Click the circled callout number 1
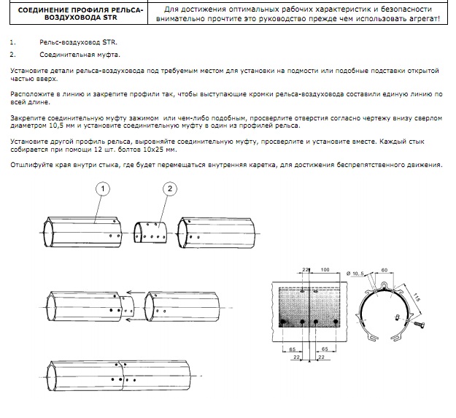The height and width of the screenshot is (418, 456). (x=103, y=189)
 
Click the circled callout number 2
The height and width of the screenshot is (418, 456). (x=170, y=189)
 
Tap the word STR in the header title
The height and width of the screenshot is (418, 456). (x=110, y=18)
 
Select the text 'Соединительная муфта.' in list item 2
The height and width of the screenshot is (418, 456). (x=80, y=55)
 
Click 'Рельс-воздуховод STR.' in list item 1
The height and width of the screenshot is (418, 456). (x=78, y=42)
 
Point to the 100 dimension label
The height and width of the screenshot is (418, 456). (x=325, y=270)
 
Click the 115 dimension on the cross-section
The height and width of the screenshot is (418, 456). (x=417, y=298)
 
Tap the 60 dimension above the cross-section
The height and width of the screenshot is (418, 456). (x=384, y=270)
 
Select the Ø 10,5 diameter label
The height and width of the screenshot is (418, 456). (x=355, y=274)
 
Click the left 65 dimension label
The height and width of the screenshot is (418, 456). (x=293, y=349)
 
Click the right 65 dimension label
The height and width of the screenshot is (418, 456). (x=325, y=349)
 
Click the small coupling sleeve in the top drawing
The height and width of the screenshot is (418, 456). (x=150, y=233)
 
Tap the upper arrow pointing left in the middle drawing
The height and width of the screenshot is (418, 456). (x=136, y=293)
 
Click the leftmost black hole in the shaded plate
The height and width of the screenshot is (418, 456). (x=282, y=322)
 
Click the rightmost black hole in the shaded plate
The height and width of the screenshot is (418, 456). (x=336, y=322)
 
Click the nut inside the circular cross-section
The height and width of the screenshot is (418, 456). (x=398, y=317)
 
